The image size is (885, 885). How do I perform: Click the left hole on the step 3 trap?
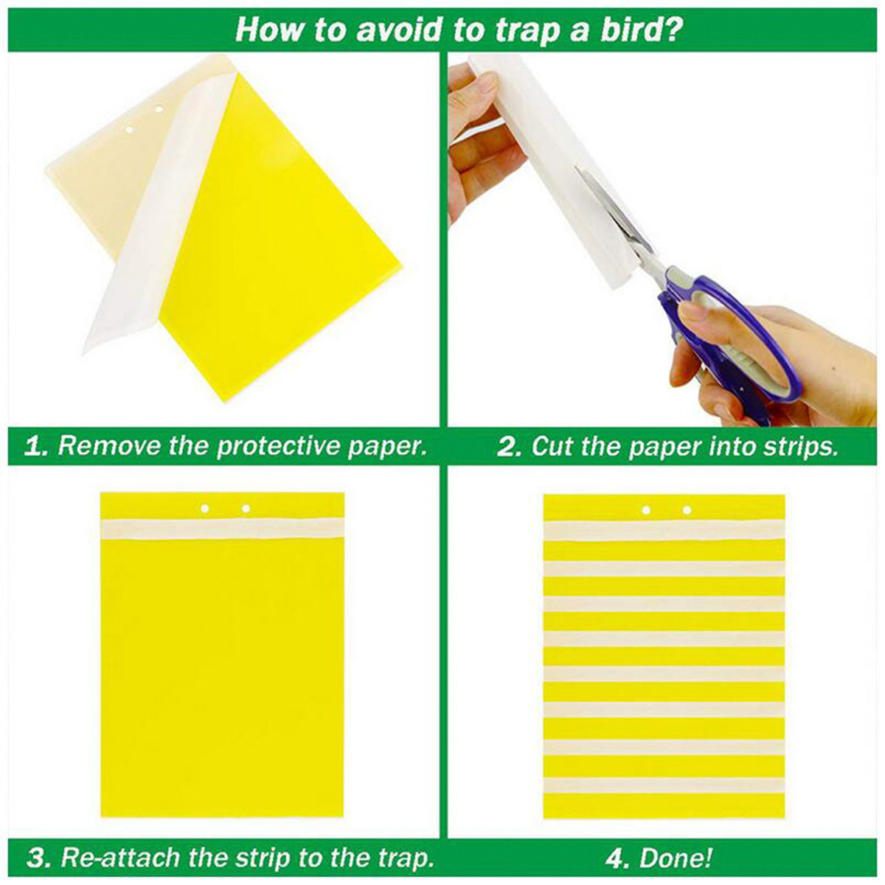click(206, 508)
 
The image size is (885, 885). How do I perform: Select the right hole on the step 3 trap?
click(246, 508)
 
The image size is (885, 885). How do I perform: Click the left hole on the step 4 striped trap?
click(646, 510)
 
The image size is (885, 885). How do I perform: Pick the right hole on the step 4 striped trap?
click(687, 510)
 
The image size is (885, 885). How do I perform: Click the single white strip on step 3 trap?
click(221, 528)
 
